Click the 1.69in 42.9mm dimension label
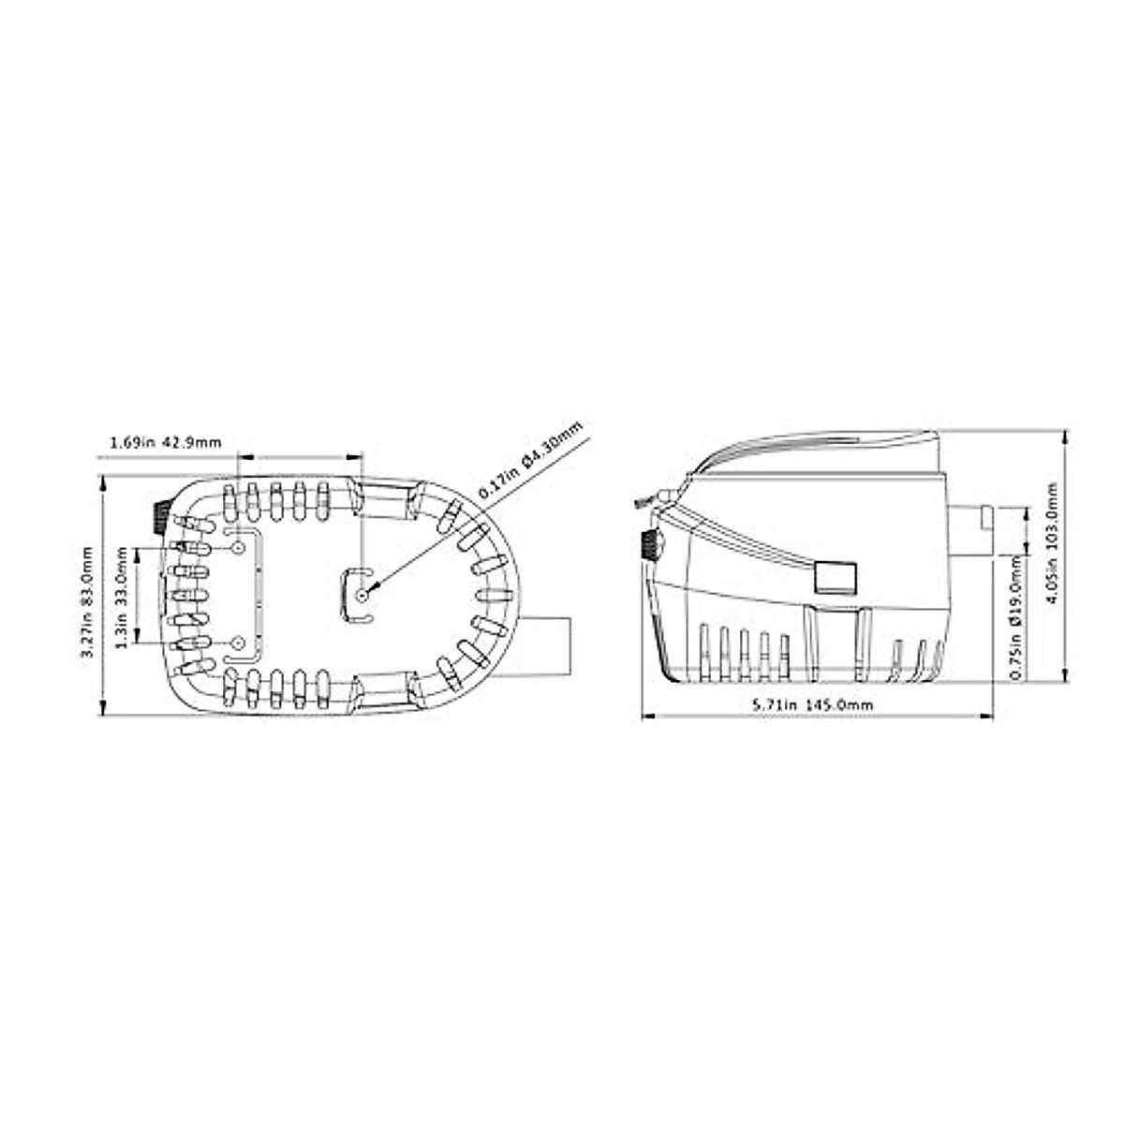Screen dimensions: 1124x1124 [166, 441]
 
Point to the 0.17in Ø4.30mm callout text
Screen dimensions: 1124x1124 [530, 459]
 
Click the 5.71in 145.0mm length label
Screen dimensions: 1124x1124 [814, 704]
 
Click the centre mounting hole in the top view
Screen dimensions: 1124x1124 [362, 594]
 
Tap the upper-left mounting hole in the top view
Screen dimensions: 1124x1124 [238, 546]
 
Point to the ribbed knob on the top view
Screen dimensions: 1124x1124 [159, 517]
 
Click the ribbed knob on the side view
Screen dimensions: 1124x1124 [648, 545]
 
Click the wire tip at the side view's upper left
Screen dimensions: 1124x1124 [641, 505]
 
